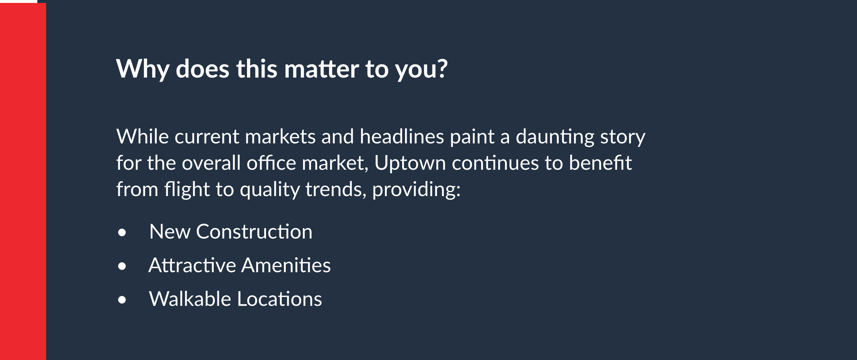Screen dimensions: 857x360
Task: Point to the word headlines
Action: pyautogui.click(x=402, y=136)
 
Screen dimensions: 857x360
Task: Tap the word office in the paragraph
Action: pyautogui.click(x=271, y=162)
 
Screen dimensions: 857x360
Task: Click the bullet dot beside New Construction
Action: pyautogui.click(x=122, y=233)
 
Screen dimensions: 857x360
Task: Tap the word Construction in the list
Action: pyautogui.click(x=254, y=232)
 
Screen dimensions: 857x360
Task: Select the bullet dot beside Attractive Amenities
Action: pyautogui.click(x=122, y=266)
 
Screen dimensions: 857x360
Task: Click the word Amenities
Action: pyautogui.click(x=286, y=265)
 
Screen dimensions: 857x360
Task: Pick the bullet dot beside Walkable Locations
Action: pyautogui.click(x=122, y=300)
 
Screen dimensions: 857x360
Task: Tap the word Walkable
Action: pyautogui.click(x=190, y=299)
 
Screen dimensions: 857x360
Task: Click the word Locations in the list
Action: pyautogui.click(x=280, y=299)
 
